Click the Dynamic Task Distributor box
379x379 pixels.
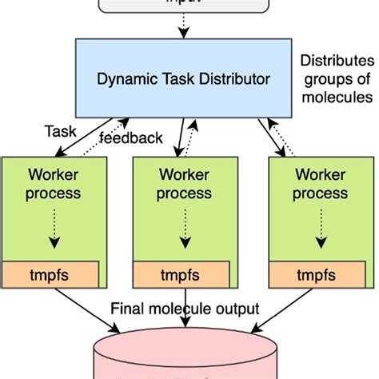[x=183, y=78]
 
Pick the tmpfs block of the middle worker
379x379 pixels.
[x=186, y=274]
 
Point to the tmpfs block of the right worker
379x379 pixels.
[x=321, y=274]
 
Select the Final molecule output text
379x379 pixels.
[x=186, y=308]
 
